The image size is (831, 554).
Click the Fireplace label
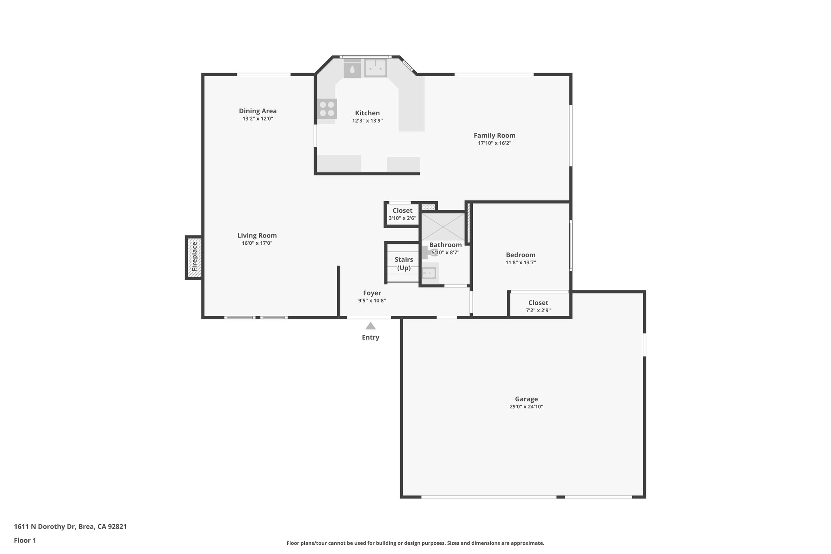point(194,257)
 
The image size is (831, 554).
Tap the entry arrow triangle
point(370,326)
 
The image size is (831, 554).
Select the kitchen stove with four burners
point(327,108)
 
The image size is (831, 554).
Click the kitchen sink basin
point(375,68)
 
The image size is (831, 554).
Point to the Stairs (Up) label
point(404,264)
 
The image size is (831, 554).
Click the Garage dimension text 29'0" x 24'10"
point(526,407)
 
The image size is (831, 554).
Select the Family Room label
point(494,136)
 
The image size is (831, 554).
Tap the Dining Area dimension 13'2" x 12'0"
point(258,119)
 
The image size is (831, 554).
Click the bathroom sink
point(429,273)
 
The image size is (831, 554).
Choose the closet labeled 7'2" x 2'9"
point(538,306)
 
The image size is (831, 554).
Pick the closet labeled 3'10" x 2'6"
point(402,214)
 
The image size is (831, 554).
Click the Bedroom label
point(520,255)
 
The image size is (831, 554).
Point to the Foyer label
point(372,293)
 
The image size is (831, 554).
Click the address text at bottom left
point(70,527)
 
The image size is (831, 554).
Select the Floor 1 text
point(25,541)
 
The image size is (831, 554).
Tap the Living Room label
point(257,235)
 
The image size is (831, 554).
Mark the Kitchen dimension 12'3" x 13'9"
point(367,121)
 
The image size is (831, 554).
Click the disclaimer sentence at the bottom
point(415,543)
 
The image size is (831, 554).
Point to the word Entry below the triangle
point(370,337)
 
